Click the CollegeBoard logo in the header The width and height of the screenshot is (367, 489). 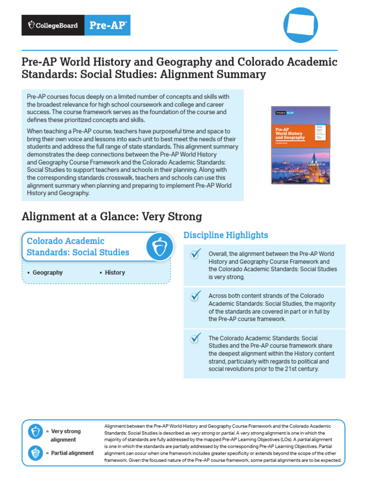click(x=54, y=25)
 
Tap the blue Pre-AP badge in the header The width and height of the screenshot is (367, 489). click(x=108, y=25)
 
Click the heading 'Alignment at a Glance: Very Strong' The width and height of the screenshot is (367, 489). click(x=112, y=217)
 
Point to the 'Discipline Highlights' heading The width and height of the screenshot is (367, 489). click(x=226, y=235)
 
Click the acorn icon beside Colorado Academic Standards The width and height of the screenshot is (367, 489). click(x=159, y=247)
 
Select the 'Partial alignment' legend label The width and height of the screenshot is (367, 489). click(x=72, y=453)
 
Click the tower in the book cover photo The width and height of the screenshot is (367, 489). click(x=314, y=165)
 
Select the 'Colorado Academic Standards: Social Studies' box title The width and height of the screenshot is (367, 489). click(x=78, y=246)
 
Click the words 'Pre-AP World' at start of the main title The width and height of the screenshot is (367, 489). click(x=53, y=62)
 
